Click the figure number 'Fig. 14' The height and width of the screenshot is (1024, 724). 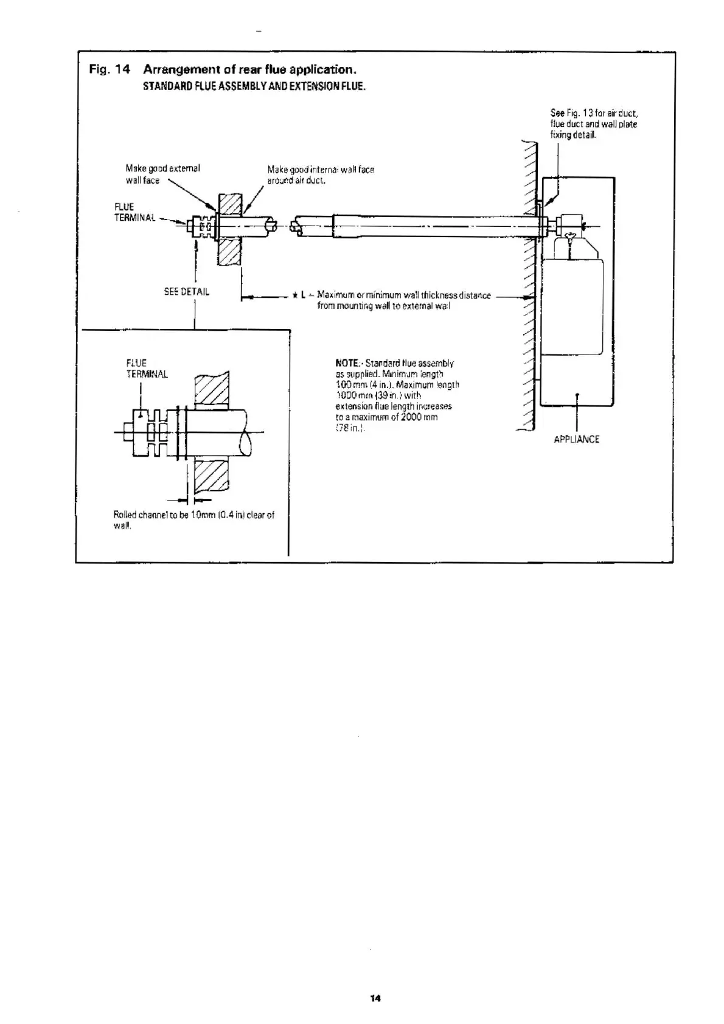pyautogui.click(x=110, y=69)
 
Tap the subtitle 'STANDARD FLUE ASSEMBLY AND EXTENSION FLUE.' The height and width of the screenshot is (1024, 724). pyautogui.click(x=254, y=86)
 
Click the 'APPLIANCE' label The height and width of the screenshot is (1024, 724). pyautogui.click(x=576, y=439)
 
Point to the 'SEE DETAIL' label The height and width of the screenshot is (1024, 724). pyautogui.click(x=186, y=292)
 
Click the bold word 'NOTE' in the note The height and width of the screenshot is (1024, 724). pyautogui.click(x=346, y=363)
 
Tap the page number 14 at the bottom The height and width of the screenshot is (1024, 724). pyautogui.click(x=375, y=998)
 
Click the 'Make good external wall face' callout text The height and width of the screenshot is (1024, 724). pyautogui.click(x=162, y=174)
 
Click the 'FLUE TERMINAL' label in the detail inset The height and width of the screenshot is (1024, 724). pyautogui.click(x=147, y=368)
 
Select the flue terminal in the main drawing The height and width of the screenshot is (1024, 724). pyautogui.click(x=202, y=227)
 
